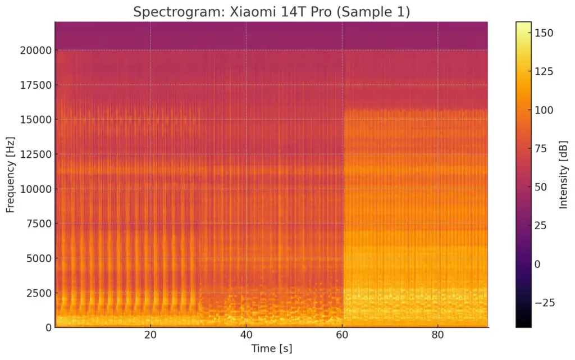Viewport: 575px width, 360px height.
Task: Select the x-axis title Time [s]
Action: coord(271,348)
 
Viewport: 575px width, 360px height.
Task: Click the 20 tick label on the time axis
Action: coord(150,335)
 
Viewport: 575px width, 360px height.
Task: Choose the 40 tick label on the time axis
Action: coord(246,335)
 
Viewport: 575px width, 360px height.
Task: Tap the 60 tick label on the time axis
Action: coord(342,335)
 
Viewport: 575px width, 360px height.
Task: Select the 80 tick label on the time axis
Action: coord(438,335)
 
